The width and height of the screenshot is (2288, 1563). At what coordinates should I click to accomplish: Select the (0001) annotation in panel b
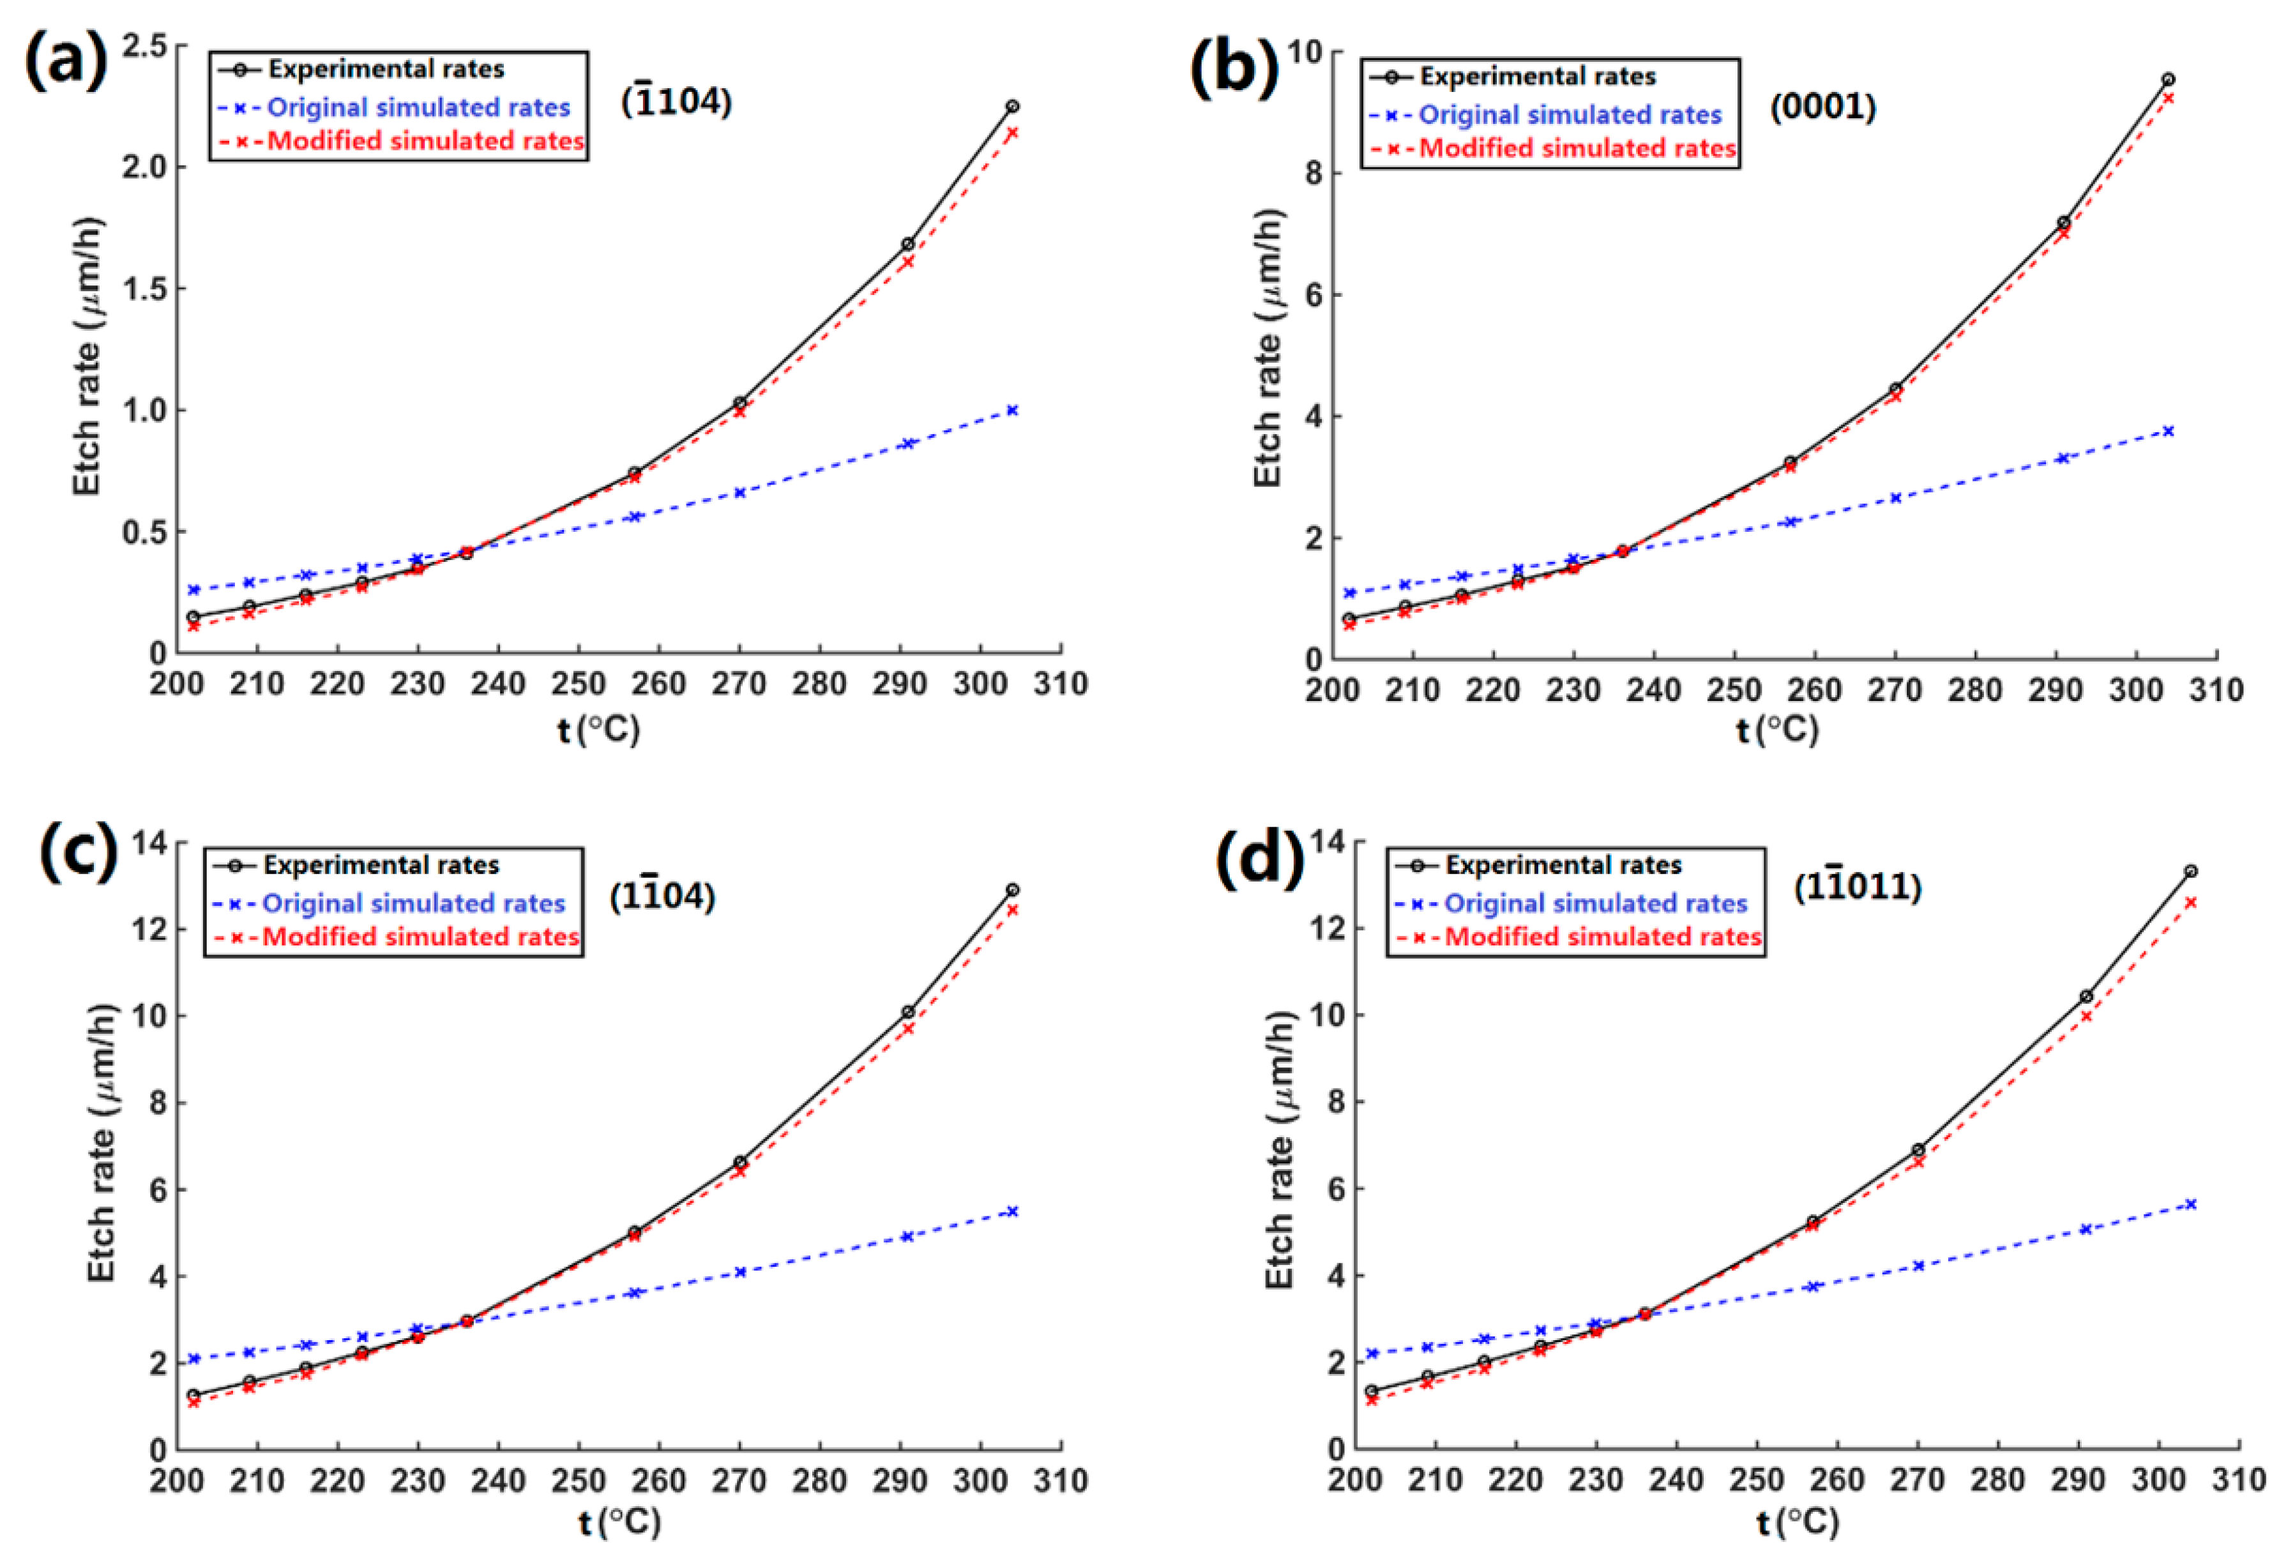1822,106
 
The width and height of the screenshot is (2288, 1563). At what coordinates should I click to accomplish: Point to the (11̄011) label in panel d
1857,886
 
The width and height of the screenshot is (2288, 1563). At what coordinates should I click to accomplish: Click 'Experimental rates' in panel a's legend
386,69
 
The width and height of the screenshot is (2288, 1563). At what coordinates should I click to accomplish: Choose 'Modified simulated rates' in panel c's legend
420,936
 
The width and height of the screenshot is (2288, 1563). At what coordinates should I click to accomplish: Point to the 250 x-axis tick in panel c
578,1481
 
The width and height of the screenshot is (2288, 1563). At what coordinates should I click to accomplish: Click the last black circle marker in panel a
1012,105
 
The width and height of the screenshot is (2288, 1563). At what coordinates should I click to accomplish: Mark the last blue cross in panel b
2168,431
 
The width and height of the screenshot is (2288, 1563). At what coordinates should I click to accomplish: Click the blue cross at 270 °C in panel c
739,1272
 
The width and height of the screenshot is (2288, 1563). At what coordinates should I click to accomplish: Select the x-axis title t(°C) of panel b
1777,729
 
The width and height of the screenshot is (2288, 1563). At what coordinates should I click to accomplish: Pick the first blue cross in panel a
194,589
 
